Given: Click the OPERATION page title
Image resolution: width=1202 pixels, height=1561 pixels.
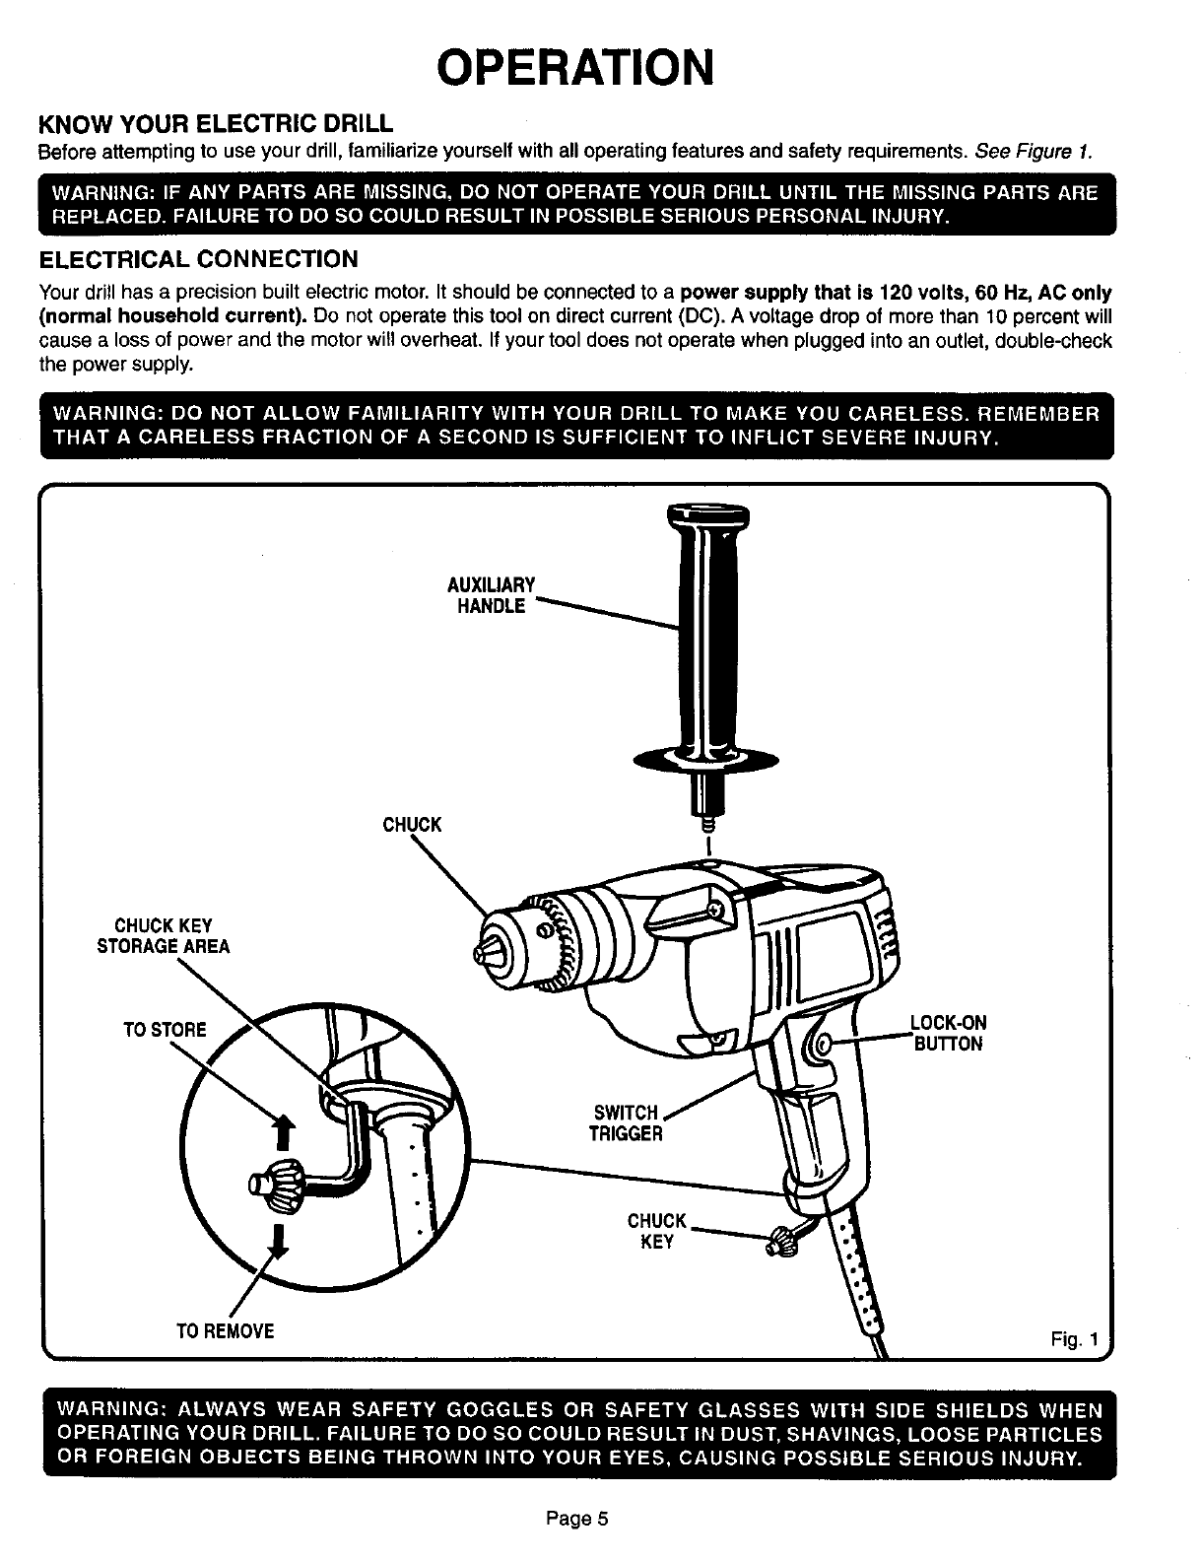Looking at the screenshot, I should point(574,67).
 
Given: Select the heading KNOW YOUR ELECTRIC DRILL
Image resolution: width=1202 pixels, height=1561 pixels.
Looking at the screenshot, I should point(215,125).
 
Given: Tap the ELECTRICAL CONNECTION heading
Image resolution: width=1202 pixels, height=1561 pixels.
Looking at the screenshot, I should point(197,259).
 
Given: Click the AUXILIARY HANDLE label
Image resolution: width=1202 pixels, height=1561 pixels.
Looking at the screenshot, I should point(492,595).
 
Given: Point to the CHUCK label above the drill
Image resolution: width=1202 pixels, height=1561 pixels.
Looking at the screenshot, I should point(412,824).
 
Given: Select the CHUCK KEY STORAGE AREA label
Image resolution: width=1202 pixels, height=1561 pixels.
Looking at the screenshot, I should point(163,936).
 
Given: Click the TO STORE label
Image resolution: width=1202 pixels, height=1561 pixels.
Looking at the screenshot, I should point(165,1030).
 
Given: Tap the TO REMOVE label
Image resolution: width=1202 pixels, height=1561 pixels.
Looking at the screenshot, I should point(225,1331).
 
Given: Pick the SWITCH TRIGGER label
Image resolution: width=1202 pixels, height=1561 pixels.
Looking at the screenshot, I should point(626,1123).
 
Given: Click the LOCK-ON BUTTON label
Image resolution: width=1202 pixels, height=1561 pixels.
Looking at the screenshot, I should point(948,1033).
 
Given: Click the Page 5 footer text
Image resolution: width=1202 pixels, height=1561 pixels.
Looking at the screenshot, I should point(578,1519).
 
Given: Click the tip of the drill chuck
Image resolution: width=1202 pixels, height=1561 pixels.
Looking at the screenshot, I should point(480,955).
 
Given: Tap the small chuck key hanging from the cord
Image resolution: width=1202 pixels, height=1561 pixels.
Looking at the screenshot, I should point(783,1241).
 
